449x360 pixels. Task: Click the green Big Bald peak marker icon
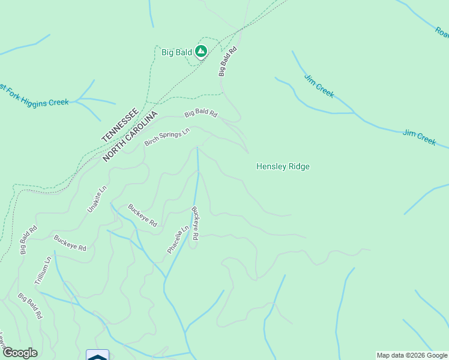click(x=201, y=52)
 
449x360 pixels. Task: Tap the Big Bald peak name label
click(x=176, y=52)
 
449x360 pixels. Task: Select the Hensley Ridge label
click(x=283, y=167)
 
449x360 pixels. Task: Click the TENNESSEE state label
click(x=120, y=125)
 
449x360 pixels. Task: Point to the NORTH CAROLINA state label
click(x=130, y=136)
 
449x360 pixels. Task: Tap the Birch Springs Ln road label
click(x=167, y=137)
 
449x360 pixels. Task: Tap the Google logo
click(x=19, y=353)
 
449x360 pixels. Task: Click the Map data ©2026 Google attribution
click(x=412, y=355)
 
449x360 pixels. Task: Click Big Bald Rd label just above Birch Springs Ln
click(x=200, y=113)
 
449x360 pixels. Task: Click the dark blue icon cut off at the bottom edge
click(x=97, y=355)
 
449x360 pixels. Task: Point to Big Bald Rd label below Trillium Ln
click(x=30, y=306)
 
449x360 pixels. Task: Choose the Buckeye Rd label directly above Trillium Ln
click(x=70, y=243)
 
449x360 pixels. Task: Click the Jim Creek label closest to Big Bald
click(x=319, y=86)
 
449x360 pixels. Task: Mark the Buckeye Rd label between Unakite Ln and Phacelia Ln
click(x=142, y=215)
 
